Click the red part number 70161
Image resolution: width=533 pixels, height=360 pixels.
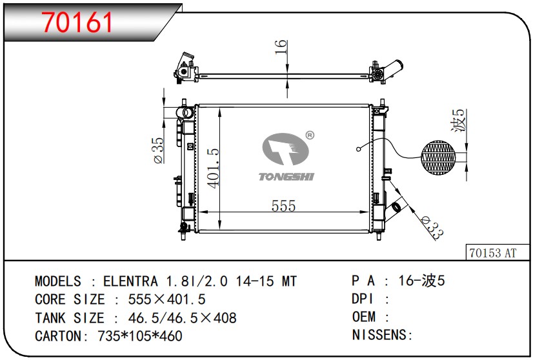point(77,22)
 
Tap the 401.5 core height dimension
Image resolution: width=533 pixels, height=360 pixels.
point(214,168)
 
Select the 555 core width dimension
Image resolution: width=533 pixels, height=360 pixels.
point(283,206)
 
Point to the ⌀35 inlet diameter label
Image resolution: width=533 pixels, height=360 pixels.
point(159,150)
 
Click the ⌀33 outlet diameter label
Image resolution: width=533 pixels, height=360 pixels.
point(432,227)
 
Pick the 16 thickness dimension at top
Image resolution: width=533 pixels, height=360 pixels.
point(281,47)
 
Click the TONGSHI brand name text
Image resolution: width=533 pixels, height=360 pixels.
point(287,177)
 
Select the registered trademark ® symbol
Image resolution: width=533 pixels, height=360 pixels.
point(310,135)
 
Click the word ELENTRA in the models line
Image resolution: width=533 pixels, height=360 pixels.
point(130,281)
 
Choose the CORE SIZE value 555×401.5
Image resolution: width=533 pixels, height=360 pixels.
point(167,299)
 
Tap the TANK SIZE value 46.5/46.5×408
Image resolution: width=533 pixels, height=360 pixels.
point(182,318)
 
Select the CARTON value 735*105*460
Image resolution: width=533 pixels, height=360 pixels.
point(140,336)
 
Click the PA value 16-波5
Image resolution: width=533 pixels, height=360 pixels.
point(421,281)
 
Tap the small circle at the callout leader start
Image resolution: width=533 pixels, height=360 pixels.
point(358,149)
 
